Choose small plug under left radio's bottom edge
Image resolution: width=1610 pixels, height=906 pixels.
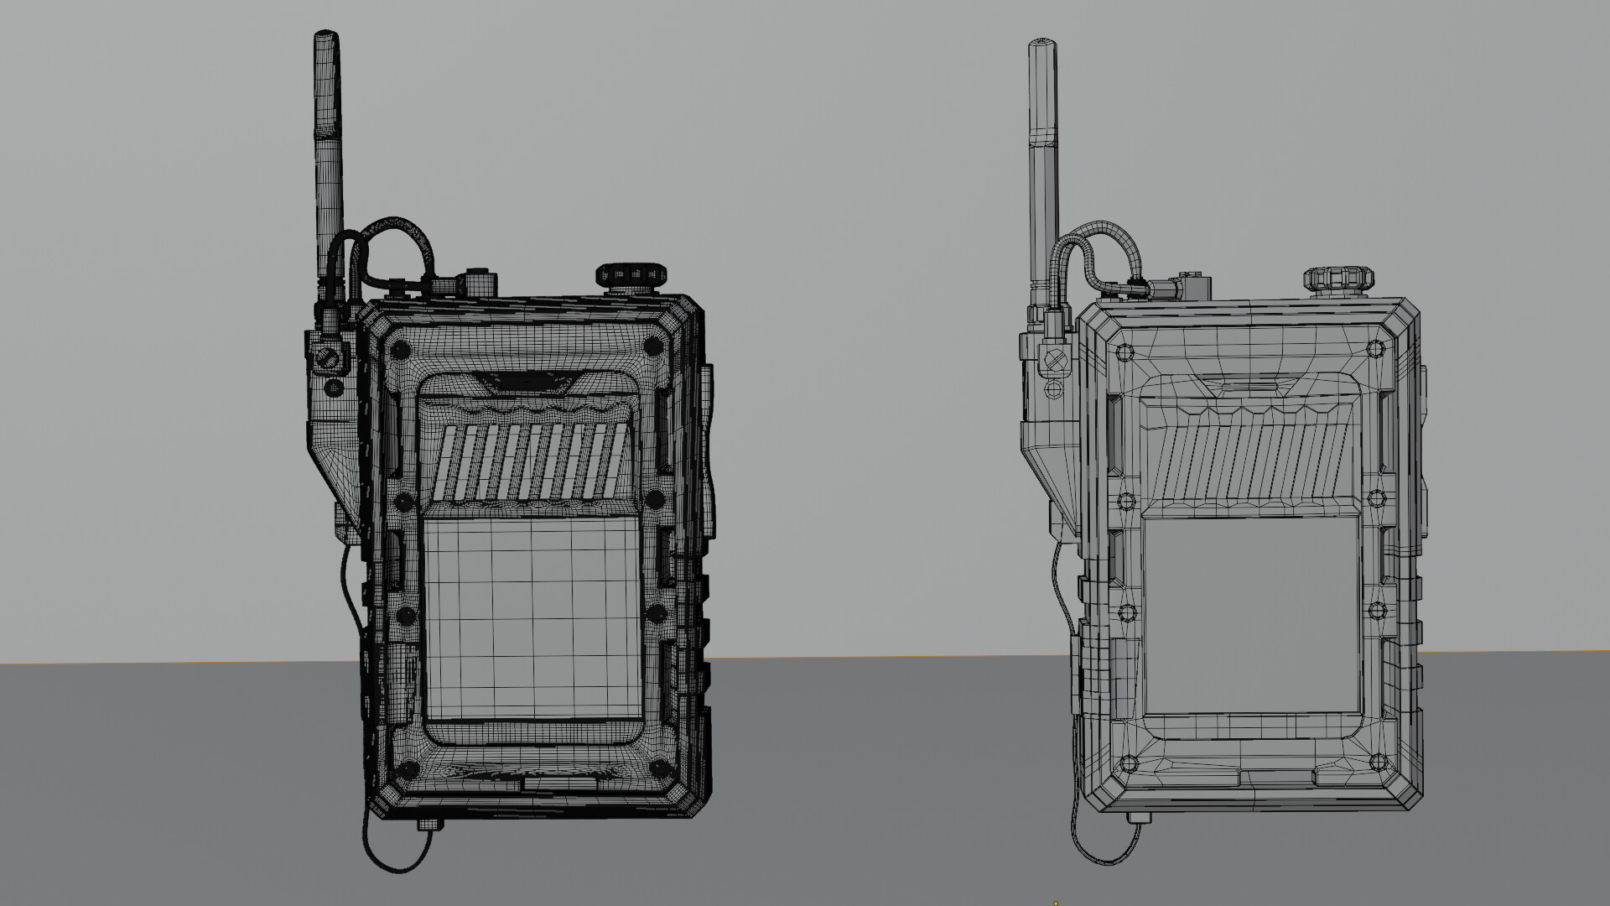428,825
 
